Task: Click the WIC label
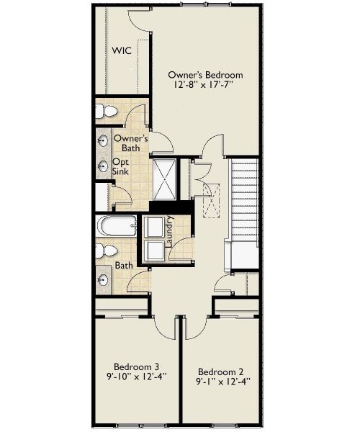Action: tap(120, 50)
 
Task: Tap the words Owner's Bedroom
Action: tap(205, 75)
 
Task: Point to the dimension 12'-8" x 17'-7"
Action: tap(205, 85)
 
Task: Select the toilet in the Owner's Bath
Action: tap(106, 111)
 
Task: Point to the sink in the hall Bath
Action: tap(102, 279)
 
